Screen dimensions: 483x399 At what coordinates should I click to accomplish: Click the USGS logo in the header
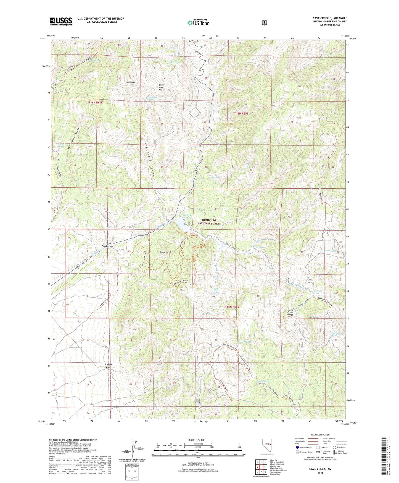pos(61,21)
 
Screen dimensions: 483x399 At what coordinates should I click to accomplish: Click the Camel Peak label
pos(129,82)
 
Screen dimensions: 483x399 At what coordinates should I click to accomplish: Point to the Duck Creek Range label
pos(162,87)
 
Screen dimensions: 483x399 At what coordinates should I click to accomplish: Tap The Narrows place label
pos(107,246)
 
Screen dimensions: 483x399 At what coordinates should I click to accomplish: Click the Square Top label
pos(164,252)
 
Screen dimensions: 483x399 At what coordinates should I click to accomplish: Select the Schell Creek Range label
pos(290,312)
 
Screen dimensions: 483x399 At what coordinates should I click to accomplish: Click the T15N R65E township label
pos(232,307)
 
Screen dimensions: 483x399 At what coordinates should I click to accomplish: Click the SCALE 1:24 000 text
pos(196,440)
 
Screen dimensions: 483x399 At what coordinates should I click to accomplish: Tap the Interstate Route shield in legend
pos(297,447)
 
